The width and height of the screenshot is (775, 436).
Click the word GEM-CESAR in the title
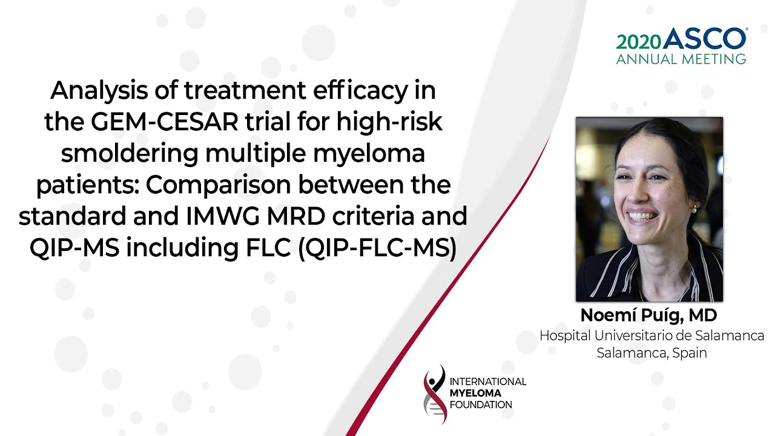165,122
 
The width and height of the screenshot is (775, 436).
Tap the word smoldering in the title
130,153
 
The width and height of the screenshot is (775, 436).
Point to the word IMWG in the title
223,216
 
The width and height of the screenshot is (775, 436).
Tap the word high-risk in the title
389,122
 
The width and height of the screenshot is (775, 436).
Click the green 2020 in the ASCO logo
638,42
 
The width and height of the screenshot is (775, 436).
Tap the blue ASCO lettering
704,38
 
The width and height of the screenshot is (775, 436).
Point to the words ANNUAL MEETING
681,59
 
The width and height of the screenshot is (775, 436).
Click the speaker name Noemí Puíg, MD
648,315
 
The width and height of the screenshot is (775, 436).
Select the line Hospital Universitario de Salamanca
652,335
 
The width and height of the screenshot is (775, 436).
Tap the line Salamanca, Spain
651,353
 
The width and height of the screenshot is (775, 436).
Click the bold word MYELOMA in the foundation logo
475,393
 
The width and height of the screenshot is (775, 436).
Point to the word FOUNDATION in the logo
481,405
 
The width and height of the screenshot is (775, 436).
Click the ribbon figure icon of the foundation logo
435,394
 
